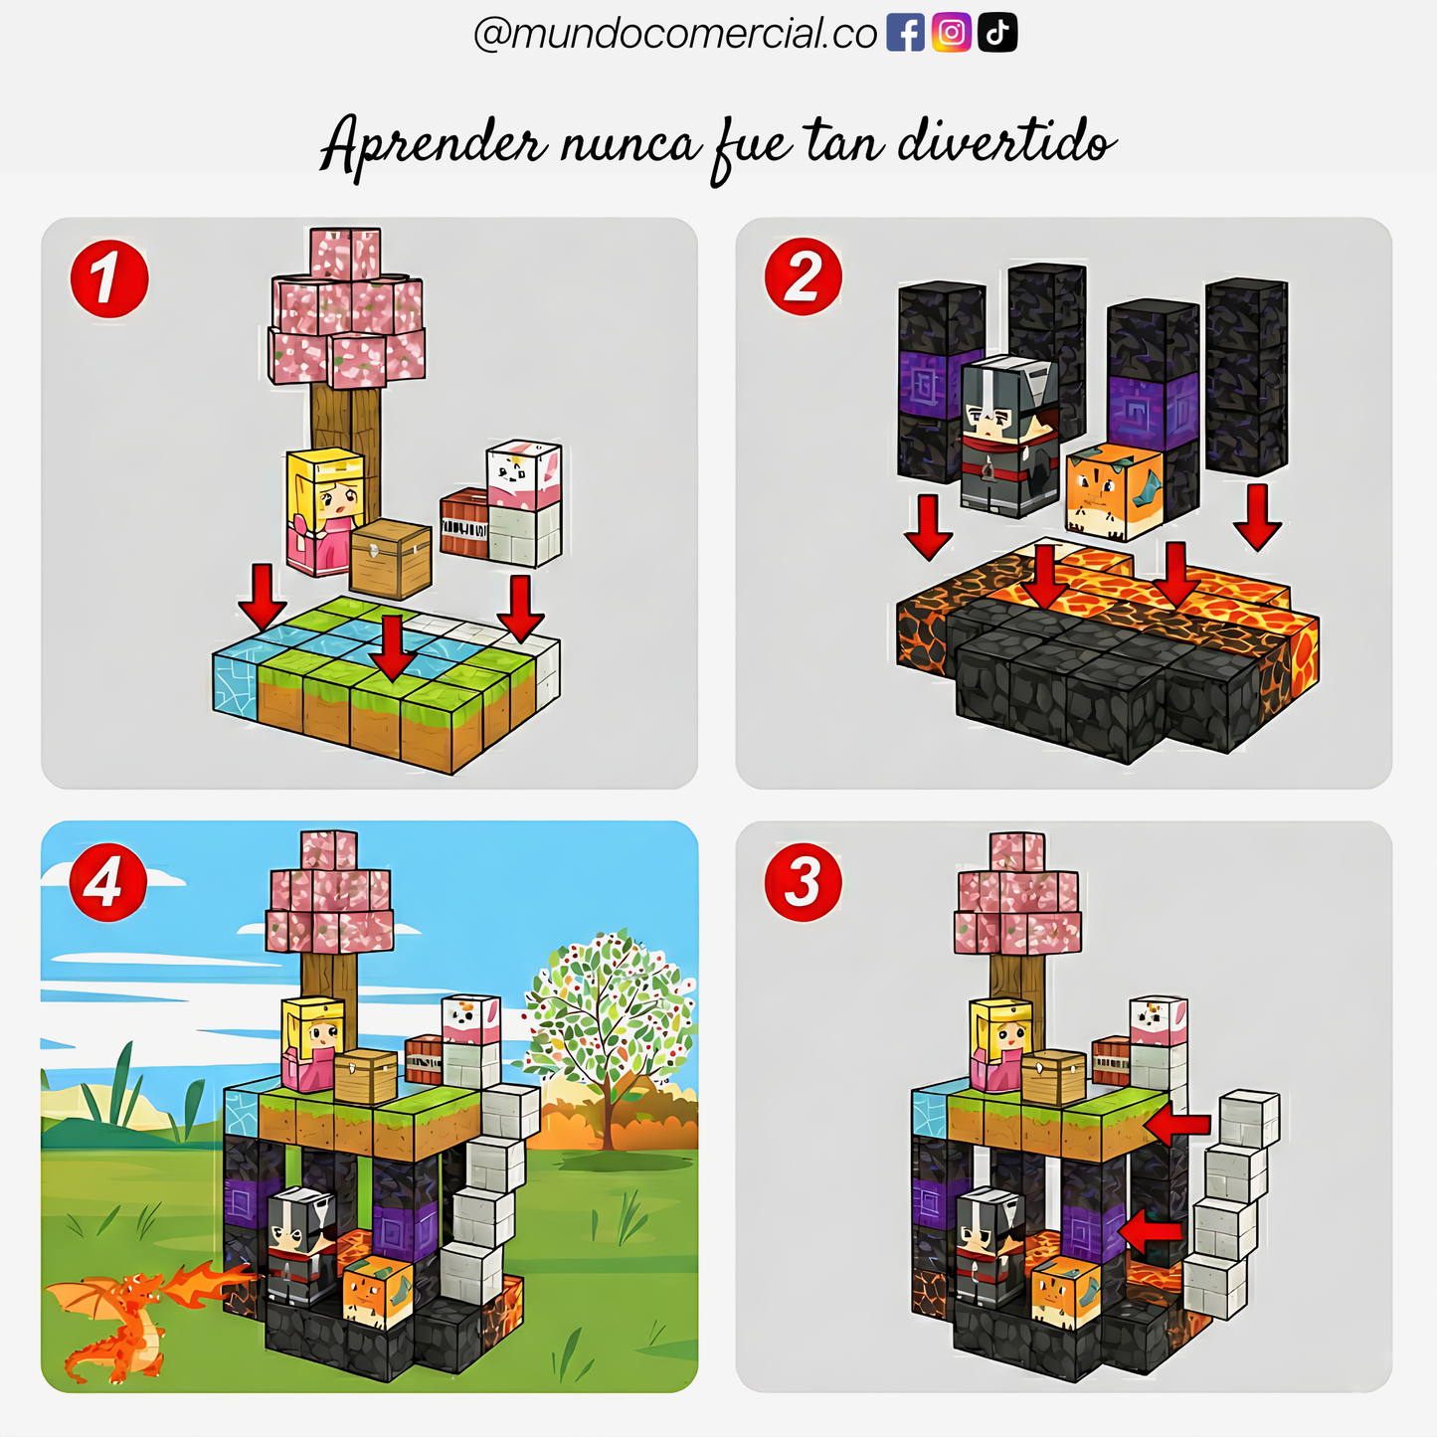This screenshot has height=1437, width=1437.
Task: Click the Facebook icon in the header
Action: [904, 34]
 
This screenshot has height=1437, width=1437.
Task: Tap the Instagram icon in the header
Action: [951, 34]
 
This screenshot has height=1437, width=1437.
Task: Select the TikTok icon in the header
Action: [997, 34]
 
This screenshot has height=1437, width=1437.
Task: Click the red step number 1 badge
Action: [108, 278]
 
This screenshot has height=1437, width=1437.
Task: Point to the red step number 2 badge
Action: [803, 276]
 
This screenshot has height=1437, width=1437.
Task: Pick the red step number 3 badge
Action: [803, 882]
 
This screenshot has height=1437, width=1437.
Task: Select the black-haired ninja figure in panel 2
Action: [1006, 436]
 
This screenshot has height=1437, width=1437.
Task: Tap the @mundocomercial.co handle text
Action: [674, 34]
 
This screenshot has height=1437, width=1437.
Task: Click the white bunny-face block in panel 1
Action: [523, 475]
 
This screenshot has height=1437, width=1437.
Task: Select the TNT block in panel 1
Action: [464, 522]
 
